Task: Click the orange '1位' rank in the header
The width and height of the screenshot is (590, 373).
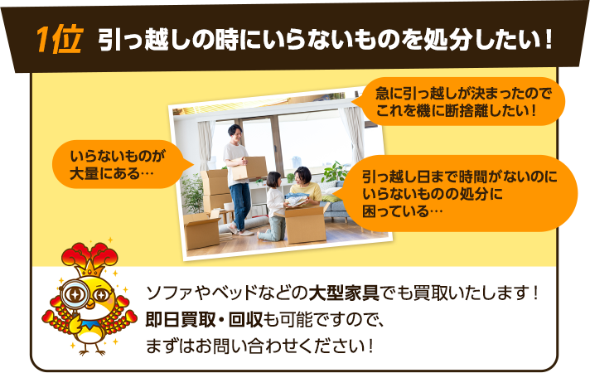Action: tap(58, 40)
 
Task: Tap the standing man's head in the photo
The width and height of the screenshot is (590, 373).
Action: tap(235, 133)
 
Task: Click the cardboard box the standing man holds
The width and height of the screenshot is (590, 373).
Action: tap(248, 167)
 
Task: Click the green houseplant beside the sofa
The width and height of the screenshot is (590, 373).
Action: tap(335, 174)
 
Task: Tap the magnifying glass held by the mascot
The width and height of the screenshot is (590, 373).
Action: tap(75, 293)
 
